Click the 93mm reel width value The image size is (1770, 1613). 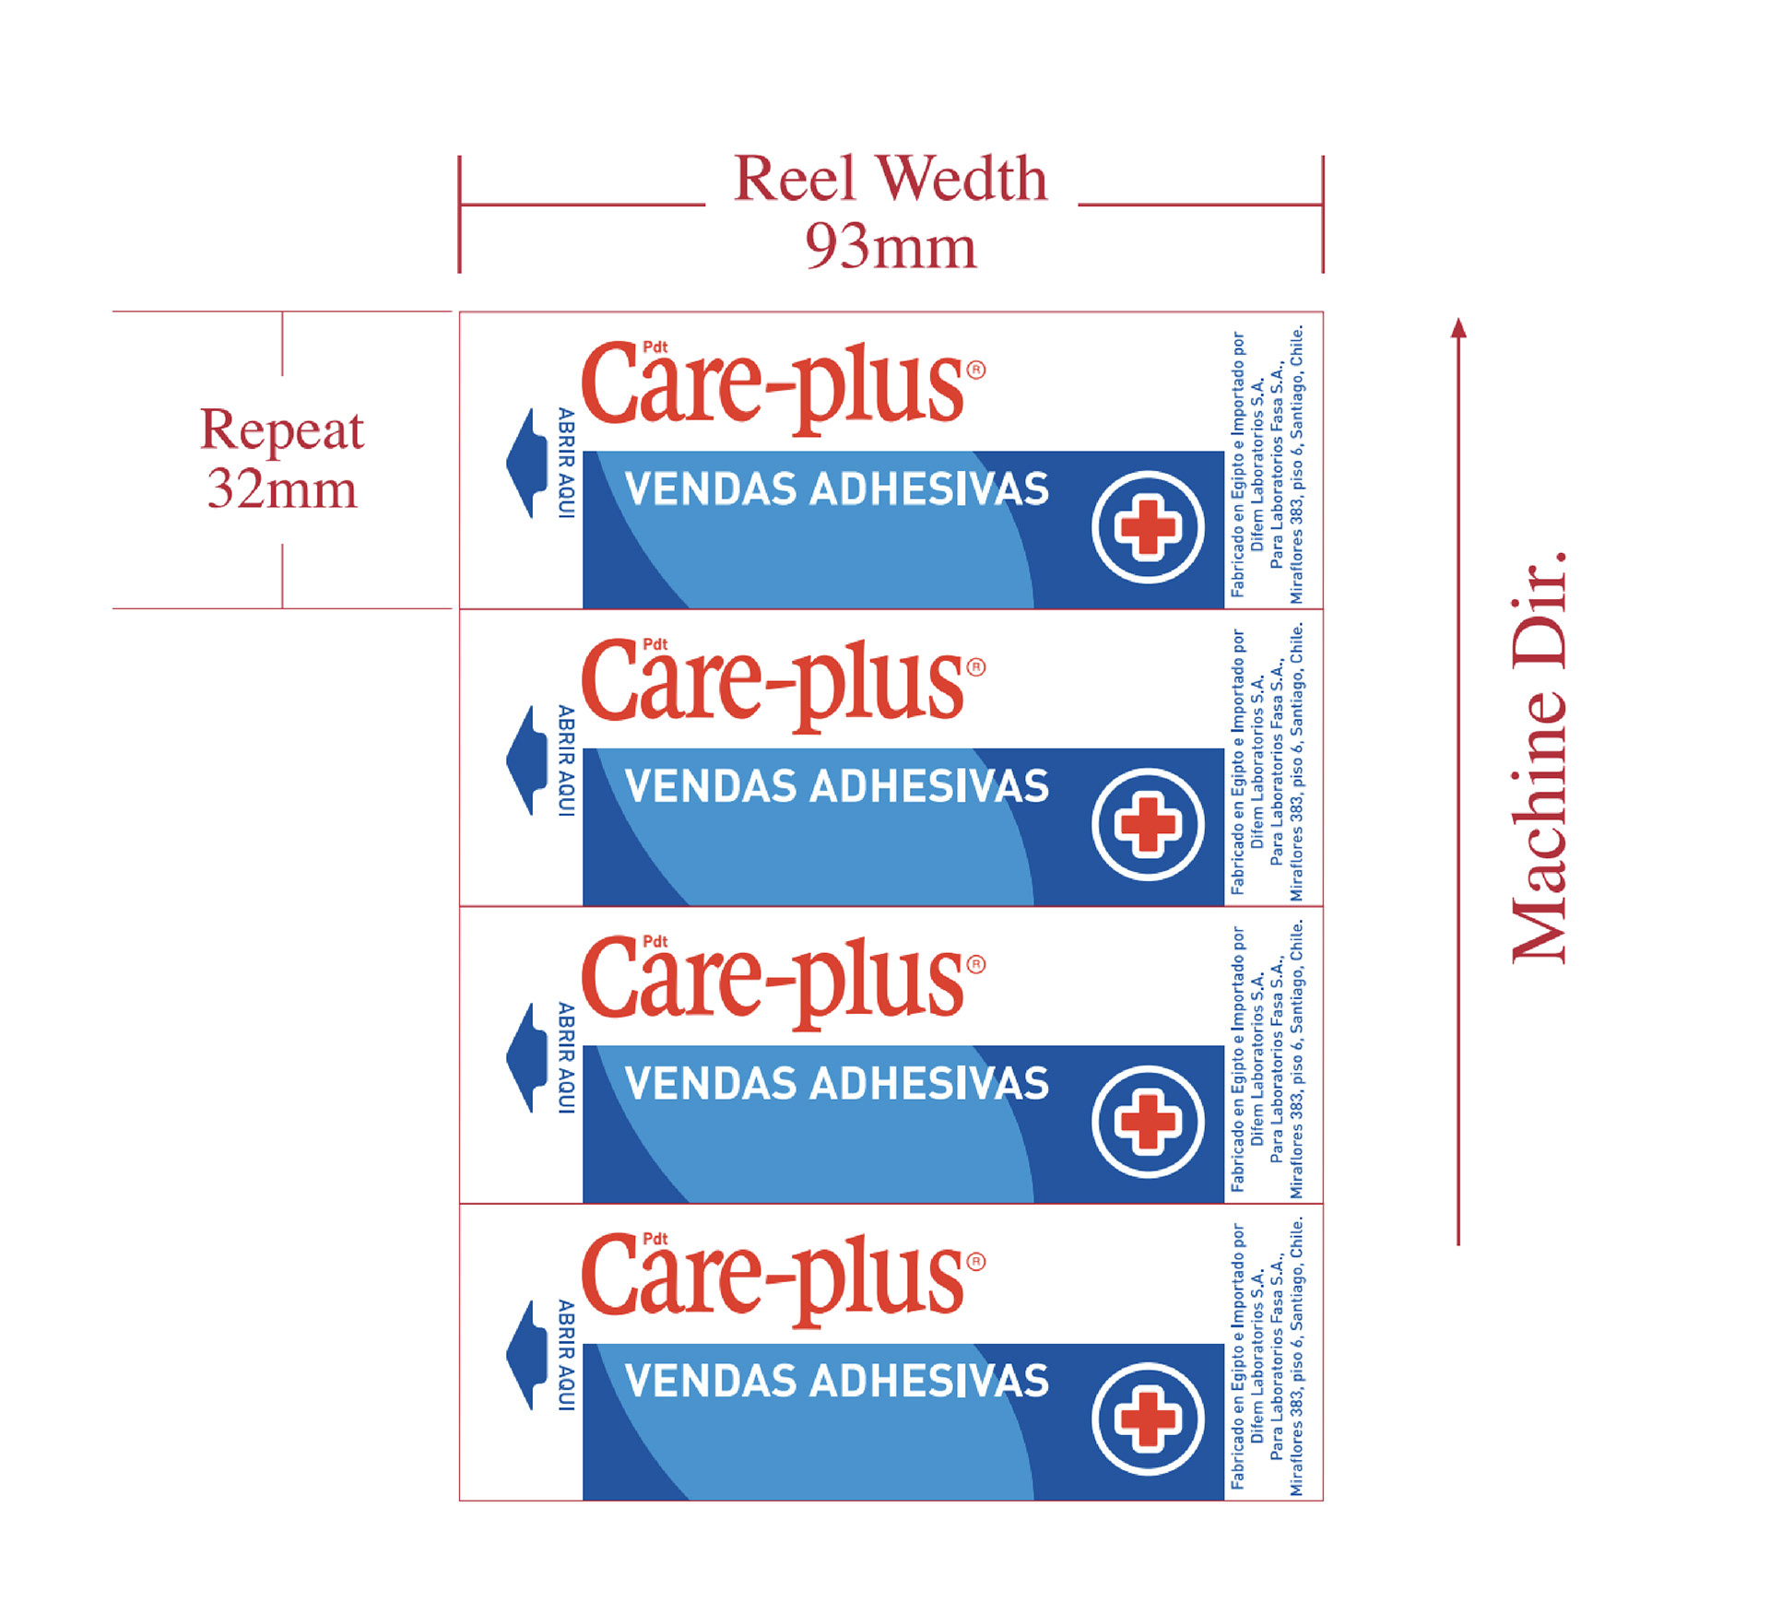coord(890,247)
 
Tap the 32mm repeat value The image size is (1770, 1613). coord(281,489)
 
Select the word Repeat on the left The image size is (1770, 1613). coord(281,430)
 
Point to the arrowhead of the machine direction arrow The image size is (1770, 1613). coord(1458,327)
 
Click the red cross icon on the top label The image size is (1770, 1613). coord(1148,527)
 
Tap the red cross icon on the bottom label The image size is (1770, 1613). coord(1148,1419)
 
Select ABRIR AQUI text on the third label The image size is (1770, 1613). coord(566,1058)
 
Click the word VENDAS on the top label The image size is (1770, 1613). coord(709,489)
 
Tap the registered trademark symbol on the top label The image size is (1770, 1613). coord(975,371)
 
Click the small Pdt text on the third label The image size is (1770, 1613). coord(655,941)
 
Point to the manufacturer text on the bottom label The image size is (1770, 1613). coord(1267,1356)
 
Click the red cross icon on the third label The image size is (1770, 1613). coord(1148,1122)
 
